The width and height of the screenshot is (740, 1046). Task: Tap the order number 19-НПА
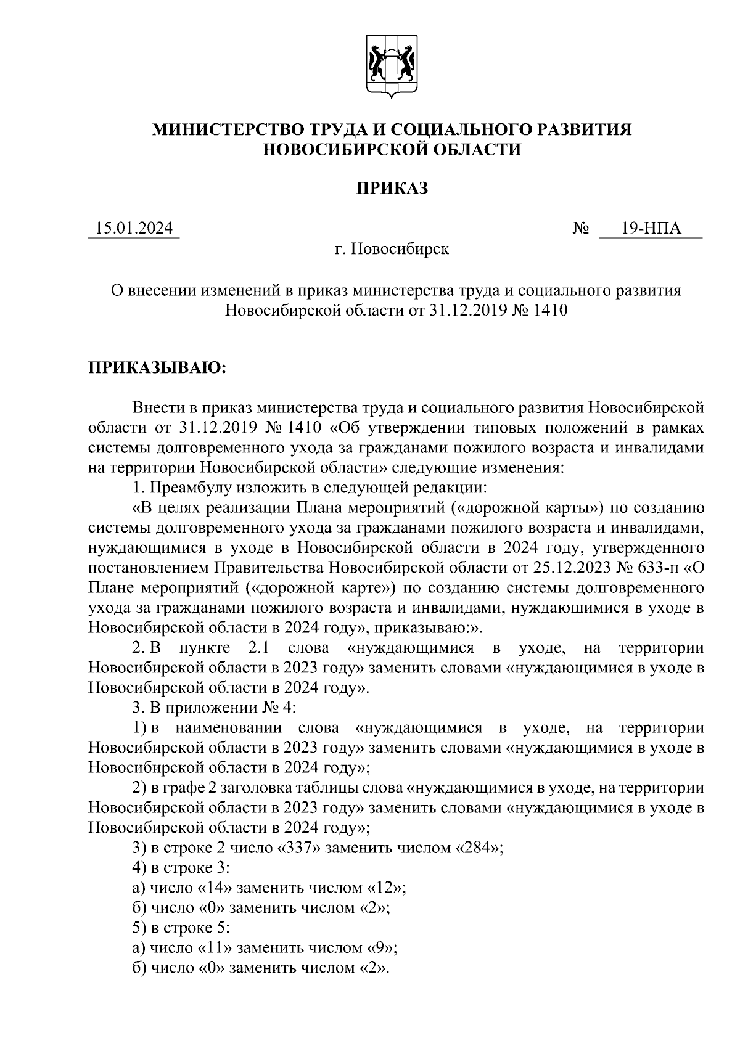(651, 229)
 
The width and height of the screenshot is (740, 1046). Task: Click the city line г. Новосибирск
(391, 250)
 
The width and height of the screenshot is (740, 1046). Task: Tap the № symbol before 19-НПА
(581, 229)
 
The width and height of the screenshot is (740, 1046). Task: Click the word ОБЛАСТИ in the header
(473, 149)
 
